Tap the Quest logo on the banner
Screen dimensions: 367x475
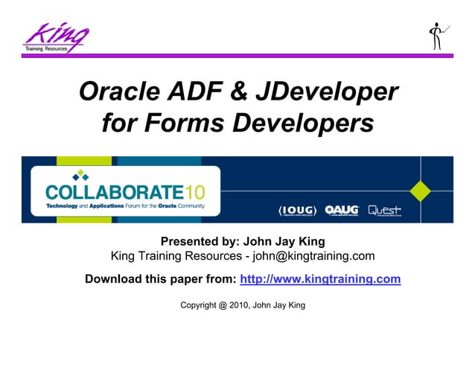(x=388, y=210)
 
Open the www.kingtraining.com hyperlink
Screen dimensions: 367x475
(x=320, y=279)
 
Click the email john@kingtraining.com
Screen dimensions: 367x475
(x=312, y=257)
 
